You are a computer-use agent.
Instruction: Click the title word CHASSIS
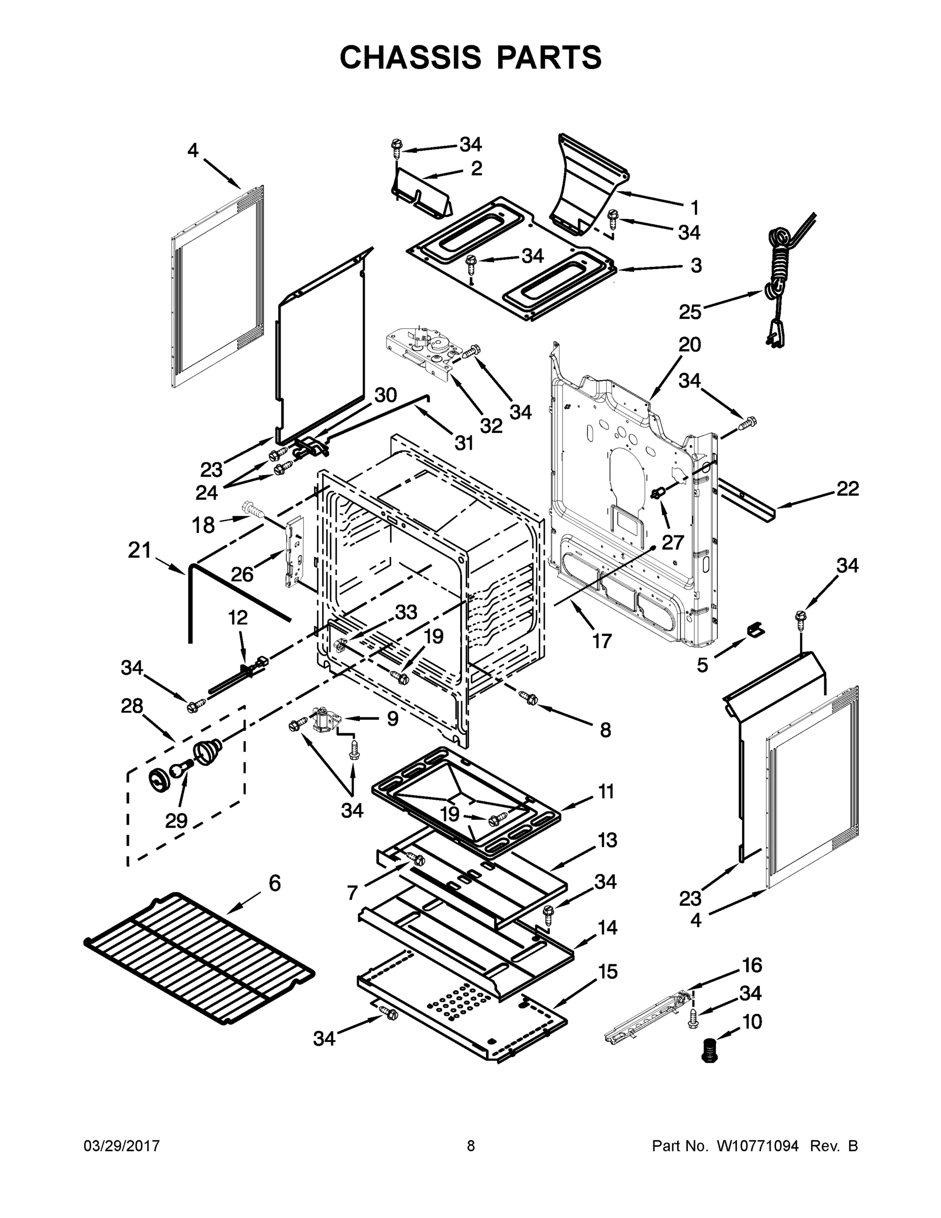(410, 57)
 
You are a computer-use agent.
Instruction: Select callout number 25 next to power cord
(689, 312)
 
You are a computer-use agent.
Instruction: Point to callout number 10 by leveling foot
(752, 1022)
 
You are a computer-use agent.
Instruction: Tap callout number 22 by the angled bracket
(847, 489)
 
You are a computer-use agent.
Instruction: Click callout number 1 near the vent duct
(694, 208)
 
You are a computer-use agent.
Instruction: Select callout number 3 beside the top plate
(695, 265)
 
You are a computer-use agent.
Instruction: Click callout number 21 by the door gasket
(140, 551)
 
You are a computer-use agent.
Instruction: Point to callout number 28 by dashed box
(132, 706)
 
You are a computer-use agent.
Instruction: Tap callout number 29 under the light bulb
(176, 820)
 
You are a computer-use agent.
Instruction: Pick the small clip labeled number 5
(755, 630)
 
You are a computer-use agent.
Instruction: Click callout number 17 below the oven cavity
(602, 641)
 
